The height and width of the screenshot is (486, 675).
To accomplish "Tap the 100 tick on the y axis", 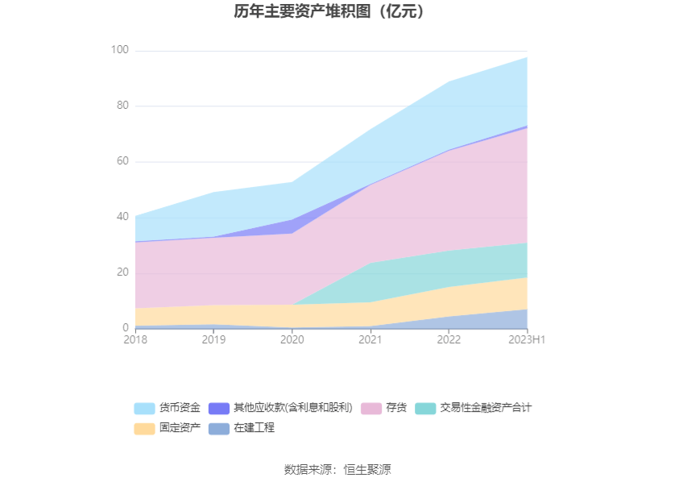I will [120, 50].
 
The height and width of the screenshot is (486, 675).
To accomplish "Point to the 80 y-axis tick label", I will [122, 106].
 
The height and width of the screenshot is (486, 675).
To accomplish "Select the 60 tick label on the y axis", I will [122, 161].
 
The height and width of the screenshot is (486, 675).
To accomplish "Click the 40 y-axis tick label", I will [122, 217].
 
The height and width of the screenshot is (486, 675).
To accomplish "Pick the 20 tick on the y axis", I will [122, 272].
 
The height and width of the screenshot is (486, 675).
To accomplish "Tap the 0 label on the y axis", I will [125, 328].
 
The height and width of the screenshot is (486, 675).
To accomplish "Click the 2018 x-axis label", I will [135, 341].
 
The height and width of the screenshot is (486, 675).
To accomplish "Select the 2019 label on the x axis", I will [213, 341].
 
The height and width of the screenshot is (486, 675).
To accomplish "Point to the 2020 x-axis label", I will [292, 341].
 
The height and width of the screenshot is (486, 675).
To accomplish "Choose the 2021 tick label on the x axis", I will [371, 341].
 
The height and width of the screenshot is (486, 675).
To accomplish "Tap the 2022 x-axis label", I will [449, 341].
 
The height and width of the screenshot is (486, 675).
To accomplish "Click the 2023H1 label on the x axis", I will [527, 341].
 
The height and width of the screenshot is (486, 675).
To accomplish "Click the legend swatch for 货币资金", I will [144, 409].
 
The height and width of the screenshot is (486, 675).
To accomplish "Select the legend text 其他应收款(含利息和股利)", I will [293, 408].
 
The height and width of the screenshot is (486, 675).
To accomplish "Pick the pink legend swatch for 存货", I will [371, 409].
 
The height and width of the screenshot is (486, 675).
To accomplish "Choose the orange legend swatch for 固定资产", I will [144, 429].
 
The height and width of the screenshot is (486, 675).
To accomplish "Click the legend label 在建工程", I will [254, 428].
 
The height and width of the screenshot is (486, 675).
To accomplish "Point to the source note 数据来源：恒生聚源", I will [337, 470].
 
